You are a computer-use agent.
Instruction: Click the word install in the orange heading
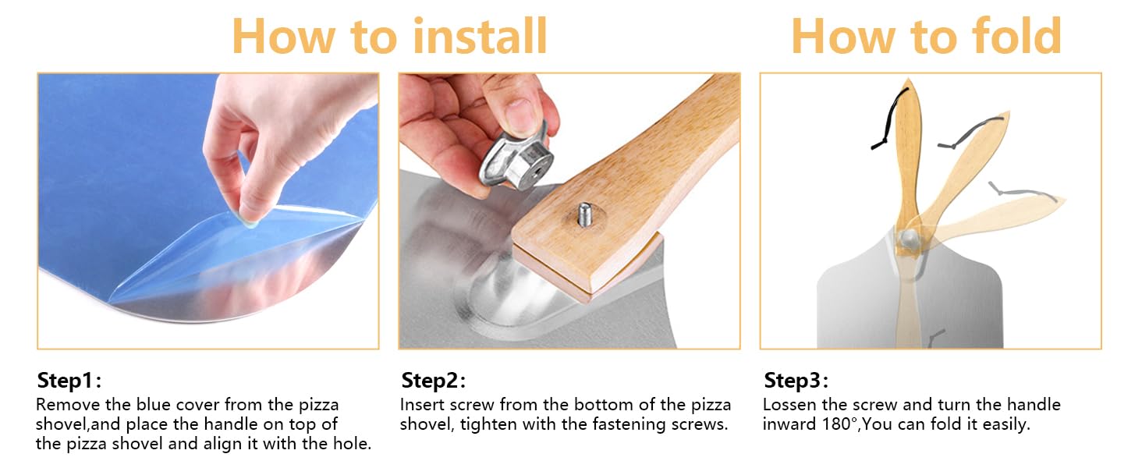480,36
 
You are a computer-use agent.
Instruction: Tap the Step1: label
69,381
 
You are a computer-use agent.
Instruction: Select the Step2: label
434,381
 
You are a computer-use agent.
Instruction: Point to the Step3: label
796,381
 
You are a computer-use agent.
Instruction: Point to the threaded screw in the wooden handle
585,214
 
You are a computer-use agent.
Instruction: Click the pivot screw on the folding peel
909,238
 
